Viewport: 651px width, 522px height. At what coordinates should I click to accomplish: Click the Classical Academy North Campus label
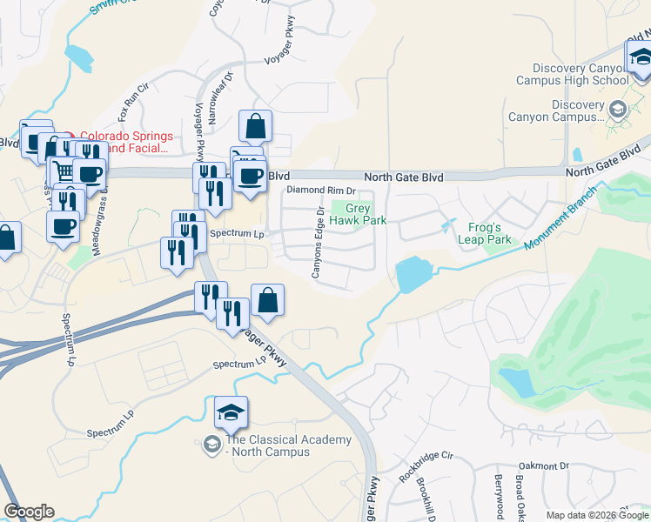pyautogui.click(x=267, y=445)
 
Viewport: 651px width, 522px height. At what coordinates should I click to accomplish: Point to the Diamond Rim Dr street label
pyautogui.click(x=322, y=190)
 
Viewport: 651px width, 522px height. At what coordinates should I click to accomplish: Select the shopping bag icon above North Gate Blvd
pyautogui.click(x=255, y=126)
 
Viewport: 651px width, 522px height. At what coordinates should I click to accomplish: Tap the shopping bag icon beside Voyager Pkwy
pyautogui.click(x=267, y=300)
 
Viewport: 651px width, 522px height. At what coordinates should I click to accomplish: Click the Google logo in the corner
pyautogui.click(x=29, y=512)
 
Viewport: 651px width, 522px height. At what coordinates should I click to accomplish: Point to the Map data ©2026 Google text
pyautogui.click(x=597, y=515)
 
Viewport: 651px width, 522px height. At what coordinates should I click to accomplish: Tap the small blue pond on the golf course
pyautogui.click(x=519, y=381)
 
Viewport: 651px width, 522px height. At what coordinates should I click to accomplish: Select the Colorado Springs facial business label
pyautogui.click(x=126, y=143)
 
